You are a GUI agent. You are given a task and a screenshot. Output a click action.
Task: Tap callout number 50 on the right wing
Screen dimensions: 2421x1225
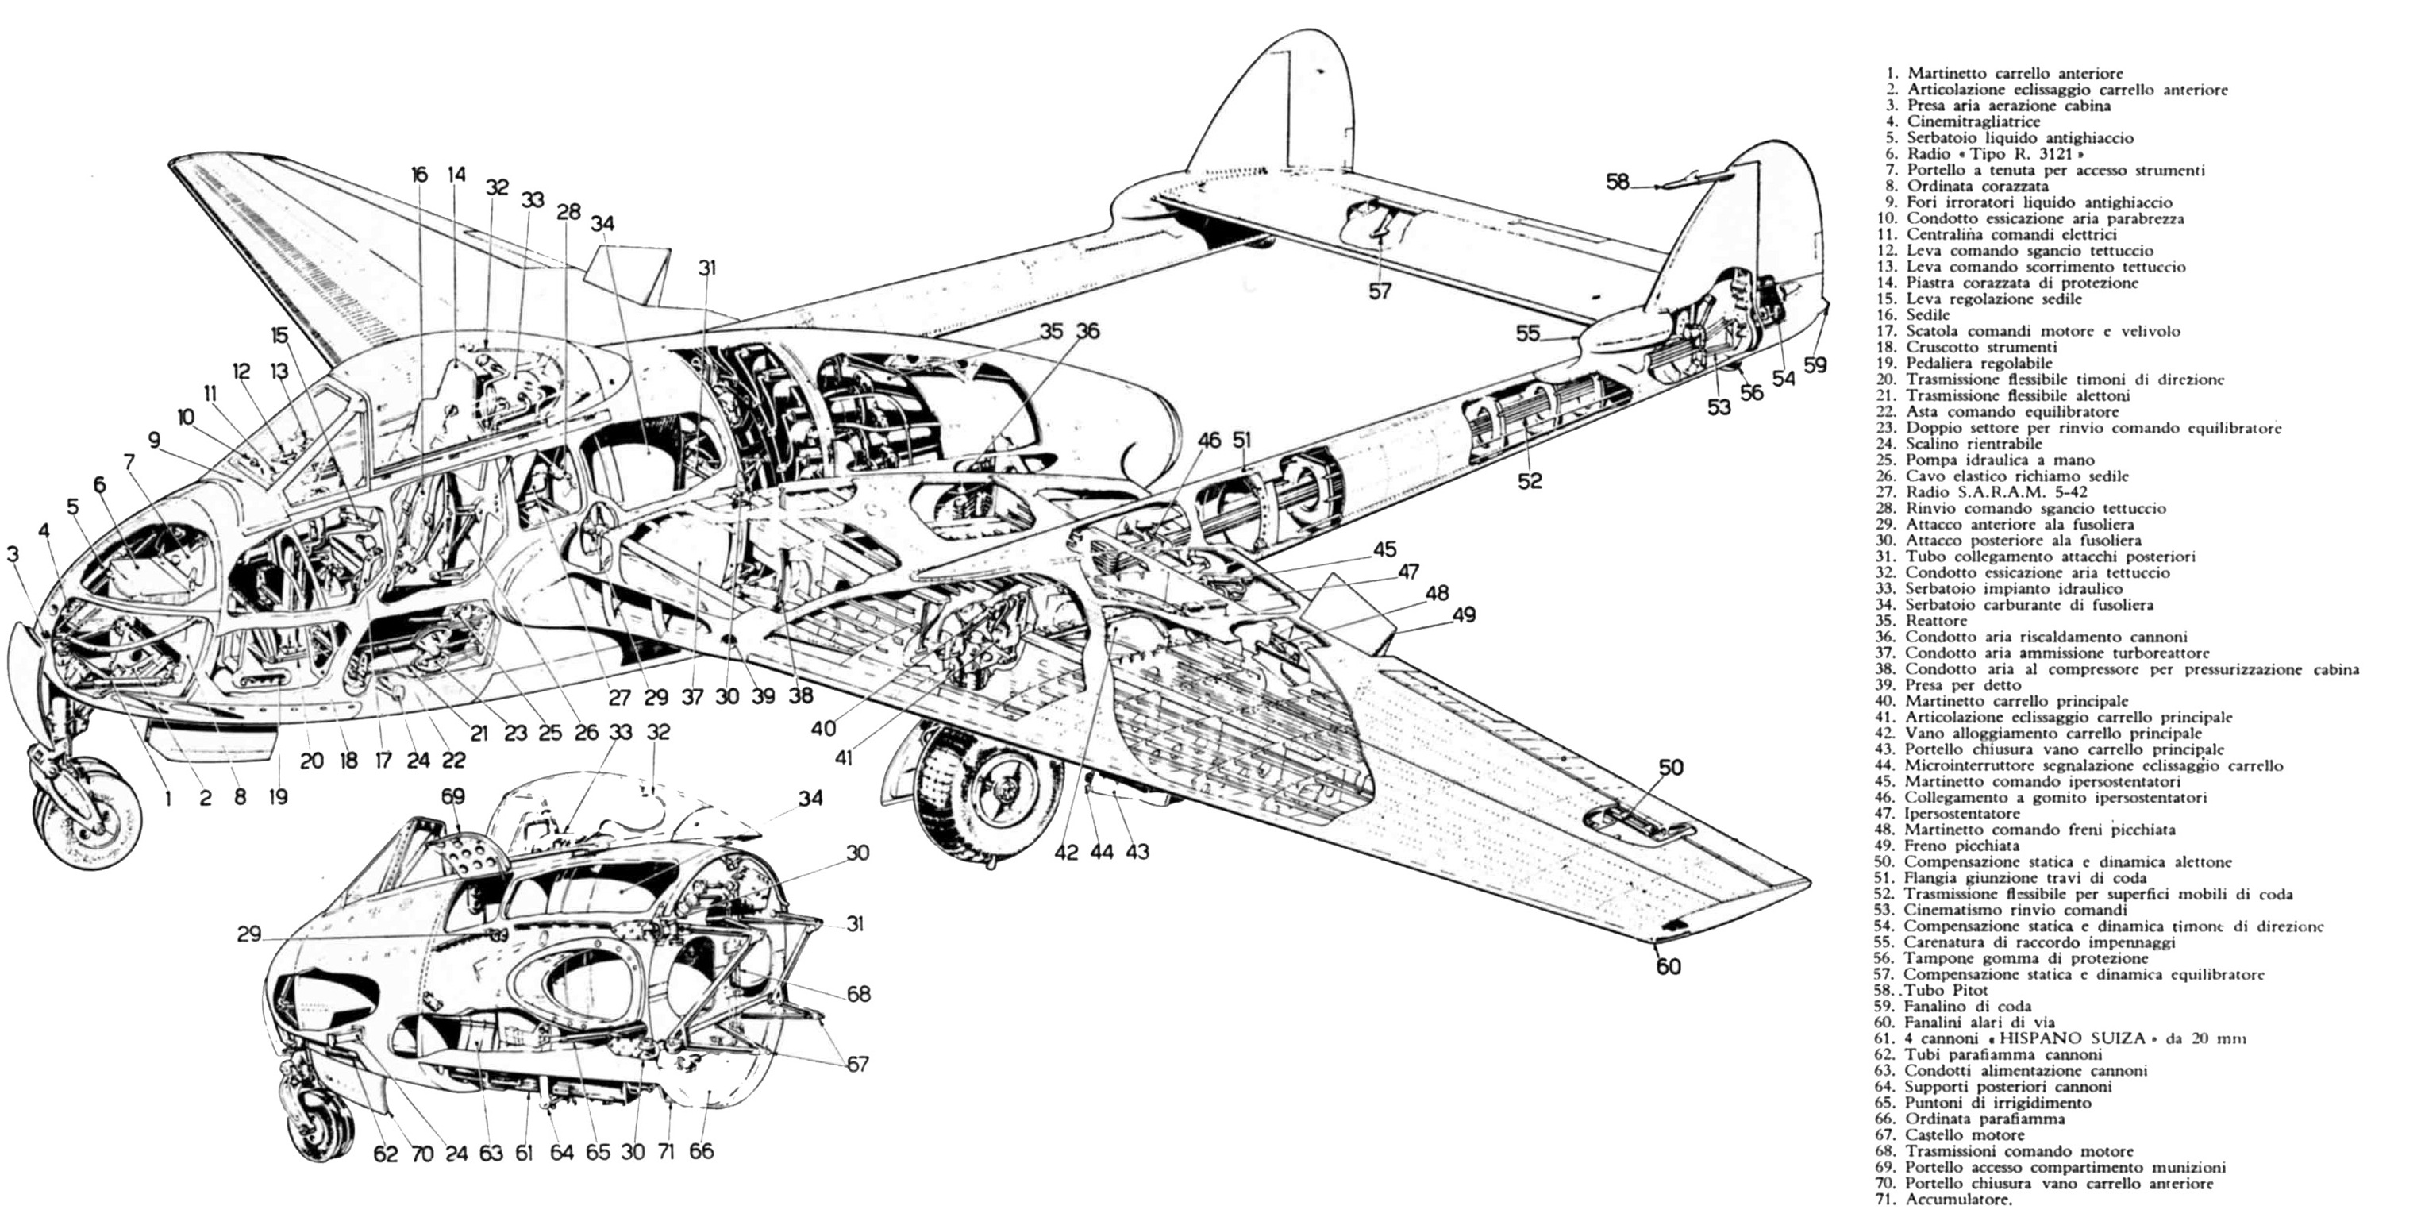pyautogui.click(x=1670, y=767)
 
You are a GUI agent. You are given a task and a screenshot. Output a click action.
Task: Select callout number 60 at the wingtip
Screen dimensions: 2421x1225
pyautogui.click(x=1669, y=966)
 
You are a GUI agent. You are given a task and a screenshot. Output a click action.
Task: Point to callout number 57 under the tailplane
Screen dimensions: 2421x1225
pyautogui.click(x=1379, y=291)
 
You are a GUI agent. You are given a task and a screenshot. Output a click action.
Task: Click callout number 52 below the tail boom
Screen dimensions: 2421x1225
pyautogui.click(x=1530, y=480)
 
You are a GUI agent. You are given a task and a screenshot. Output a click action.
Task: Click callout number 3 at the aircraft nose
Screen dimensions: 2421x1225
pyautogui.click(x=12, y=555)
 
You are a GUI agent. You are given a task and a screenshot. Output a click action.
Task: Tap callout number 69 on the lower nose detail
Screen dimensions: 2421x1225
pyautogui.click(x=453, y=796)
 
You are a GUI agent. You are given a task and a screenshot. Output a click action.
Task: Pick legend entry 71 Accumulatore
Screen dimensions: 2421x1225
pyautogui.click(x=1945, y=1200)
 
